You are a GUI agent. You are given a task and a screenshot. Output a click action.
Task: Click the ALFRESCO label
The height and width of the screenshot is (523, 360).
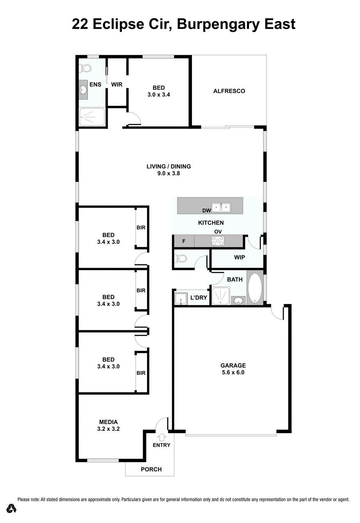pos(229,91)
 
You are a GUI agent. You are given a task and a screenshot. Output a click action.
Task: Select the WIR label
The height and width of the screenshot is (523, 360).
pos(117,85)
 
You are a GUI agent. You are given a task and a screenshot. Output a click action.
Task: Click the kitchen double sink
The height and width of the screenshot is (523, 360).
pos(221,207)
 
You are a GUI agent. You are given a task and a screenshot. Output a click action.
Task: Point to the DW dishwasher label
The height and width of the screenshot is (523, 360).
pos(206,211)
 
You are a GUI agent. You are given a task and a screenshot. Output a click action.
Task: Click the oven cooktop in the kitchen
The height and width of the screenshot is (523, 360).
pos(218,241)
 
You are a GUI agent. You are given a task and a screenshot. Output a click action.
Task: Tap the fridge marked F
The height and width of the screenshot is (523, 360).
pos(184,241)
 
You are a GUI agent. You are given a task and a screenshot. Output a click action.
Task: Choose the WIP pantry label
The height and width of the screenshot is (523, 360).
pos(239,257)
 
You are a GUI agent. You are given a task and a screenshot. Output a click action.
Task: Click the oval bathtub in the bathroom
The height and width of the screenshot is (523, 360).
pos(255,287)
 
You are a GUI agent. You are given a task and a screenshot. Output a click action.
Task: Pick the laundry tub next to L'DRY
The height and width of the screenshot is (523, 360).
pos(181,299)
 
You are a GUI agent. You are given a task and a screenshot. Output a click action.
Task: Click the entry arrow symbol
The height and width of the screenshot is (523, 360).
pos(162,436)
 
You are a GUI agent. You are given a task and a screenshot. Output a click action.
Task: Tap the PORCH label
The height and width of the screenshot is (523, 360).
pos(151,469)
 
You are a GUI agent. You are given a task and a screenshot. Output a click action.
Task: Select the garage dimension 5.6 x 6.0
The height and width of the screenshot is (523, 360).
pos(233,372)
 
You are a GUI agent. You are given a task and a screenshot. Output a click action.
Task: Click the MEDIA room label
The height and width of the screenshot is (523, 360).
pos(108,422)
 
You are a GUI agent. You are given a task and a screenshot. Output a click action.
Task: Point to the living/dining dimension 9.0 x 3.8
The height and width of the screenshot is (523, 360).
pos(168,173)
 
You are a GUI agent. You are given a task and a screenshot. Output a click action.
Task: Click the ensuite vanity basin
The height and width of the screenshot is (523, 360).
pos(83,90)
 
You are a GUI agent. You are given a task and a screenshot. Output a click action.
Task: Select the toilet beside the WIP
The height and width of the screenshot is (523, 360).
pos(181,259)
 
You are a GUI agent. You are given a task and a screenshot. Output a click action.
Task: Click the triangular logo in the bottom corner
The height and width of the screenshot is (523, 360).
pos(11,508)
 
